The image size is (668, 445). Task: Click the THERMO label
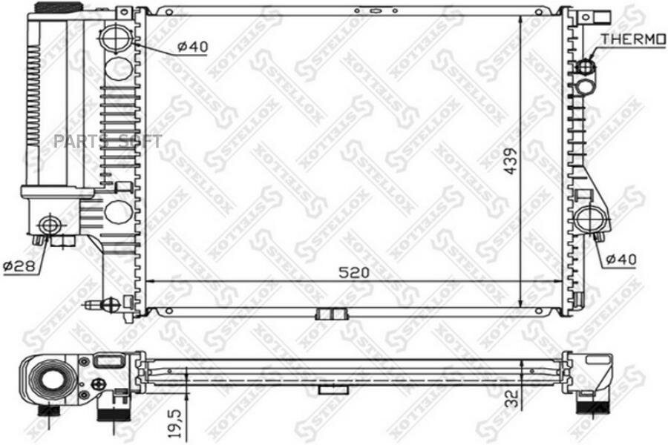pyautogui.click(x=632, y=39)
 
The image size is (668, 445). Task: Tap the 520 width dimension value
pyautogui.click(x=354, y=272)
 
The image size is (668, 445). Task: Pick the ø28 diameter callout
pyautogui.click(x=18, y=265)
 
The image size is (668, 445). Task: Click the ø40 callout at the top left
pyautogui.click(x=192, y=47)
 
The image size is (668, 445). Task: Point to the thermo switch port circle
pyautogui.click(x=585, y=67)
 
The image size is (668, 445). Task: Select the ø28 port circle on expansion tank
pyautogui.click(x=50, y=223)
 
